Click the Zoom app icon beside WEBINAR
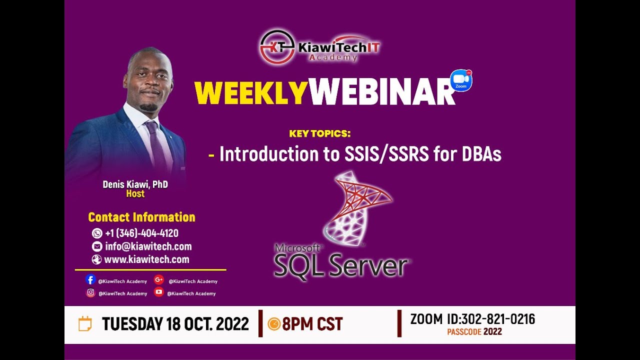(461, 80)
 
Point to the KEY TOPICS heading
(320, 134)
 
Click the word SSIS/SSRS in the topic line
(386, 154)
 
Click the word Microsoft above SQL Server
(298, 248)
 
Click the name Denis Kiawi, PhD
(135, 184)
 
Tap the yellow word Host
(135, 194)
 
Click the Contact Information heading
(141, 217)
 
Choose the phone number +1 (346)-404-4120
(141, 233)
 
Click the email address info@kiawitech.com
(148, 246)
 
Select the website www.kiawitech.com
(146, 259)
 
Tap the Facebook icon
(90, 280)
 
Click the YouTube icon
(159, 292)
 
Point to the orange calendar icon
(85, 324)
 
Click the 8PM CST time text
(312, 324)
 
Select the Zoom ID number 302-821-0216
(497, 319)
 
